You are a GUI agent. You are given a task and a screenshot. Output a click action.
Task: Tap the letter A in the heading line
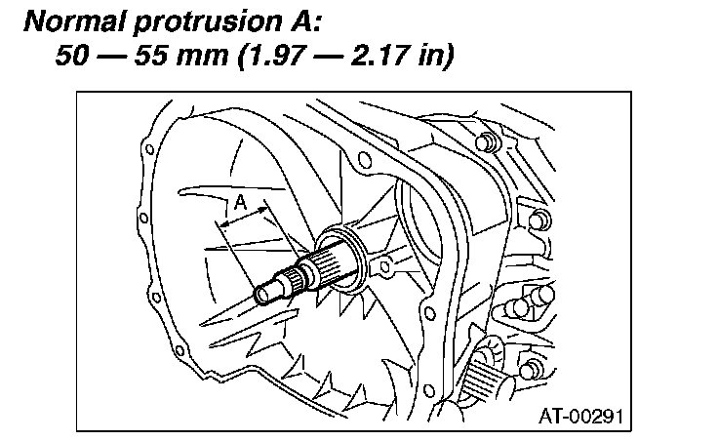[x=299, y=21]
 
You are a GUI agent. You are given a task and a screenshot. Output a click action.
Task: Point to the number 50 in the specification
[x=73, y=55]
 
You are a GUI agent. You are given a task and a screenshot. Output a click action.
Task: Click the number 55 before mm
[x=151, y=55]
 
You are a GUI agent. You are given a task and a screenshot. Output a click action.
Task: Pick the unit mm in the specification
[x=203, y=58]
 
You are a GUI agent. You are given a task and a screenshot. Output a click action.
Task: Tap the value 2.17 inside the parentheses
[x=381, y=55]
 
